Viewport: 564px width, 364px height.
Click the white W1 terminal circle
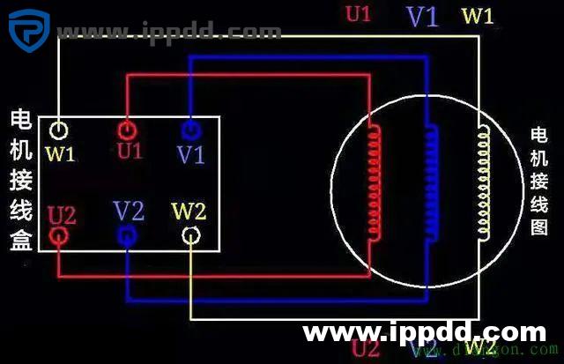pyautogui.click(x=58, y=130)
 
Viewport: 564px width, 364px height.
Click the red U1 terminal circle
pyautogui.click(x=126, y=130)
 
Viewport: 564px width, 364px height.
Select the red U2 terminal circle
pyautogui.click(x=59, y=236)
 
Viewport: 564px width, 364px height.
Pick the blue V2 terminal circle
pyautogui.click(x=126, y=235)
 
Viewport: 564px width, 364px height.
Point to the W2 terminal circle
pyautogui.click(x=191, y=236)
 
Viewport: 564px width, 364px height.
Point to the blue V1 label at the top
pyautogui.click(x=422, y=16)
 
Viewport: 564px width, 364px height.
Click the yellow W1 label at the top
pyautogui.click(x=478, y=16)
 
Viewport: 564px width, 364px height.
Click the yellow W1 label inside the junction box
pyautogui.click(x=60, y=155)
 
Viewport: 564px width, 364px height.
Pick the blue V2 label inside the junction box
pyautogui.click(x=129, y=211)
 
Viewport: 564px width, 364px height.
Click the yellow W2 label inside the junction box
pyautogui.click(x=189, y=212)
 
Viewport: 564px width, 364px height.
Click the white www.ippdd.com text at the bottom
pyautogui.click(x=424, y=333)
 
